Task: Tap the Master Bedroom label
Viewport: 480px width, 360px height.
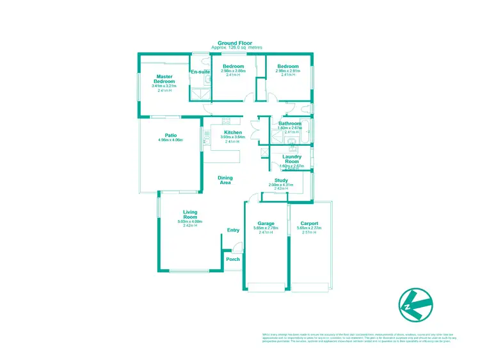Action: click(165, 79)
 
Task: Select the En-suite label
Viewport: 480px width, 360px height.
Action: click(200, 72)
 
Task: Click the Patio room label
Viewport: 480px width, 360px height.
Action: click(170, 135)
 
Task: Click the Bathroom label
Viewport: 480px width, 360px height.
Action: click(289, 123)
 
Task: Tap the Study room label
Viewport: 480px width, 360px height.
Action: click(281, 180)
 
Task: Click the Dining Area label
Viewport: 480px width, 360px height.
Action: click(225, 180)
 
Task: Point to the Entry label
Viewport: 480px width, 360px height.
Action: click(233, 230)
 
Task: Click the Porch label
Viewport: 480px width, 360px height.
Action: click(233, 259)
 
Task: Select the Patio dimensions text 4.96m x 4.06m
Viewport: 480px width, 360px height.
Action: click(170, 140)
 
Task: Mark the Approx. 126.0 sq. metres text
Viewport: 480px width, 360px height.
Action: click(236, 48)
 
